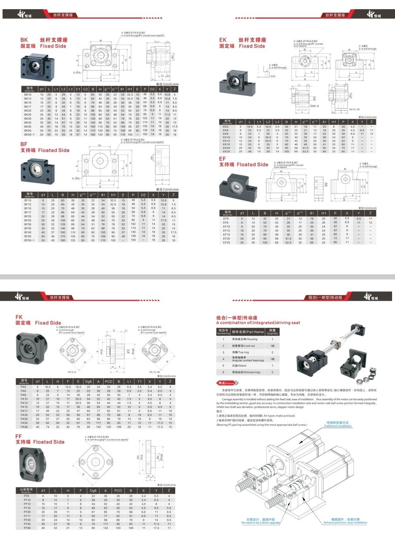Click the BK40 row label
pyautogui.click(x=28, y=127)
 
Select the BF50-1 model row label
pyautogui.click(x=29, y=240)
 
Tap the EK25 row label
pyautogui.click(x=226, y=151)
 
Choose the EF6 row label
pyautogui.click(x=226, y=218)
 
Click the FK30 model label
pyautogui.click(x=24, y=423)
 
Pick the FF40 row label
pyautogui.click(x=27, y=528)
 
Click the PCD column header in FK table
pyautogui.click(x=109, y=381)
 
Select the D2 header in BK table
pyautogui.click(x=153, y=89)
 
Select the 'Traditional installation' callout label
pyautogui.click(x=337, y=426)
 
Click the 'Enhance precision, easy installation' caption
pyautogui.click(x=345, y=522)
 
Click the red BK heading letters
pyautogui.click(x=24, y=40)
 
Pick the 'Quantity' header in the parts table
pyautogui.click(x=272, y=332)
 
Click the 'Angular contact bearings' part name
pyautogui.click(x=248, y=360)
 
